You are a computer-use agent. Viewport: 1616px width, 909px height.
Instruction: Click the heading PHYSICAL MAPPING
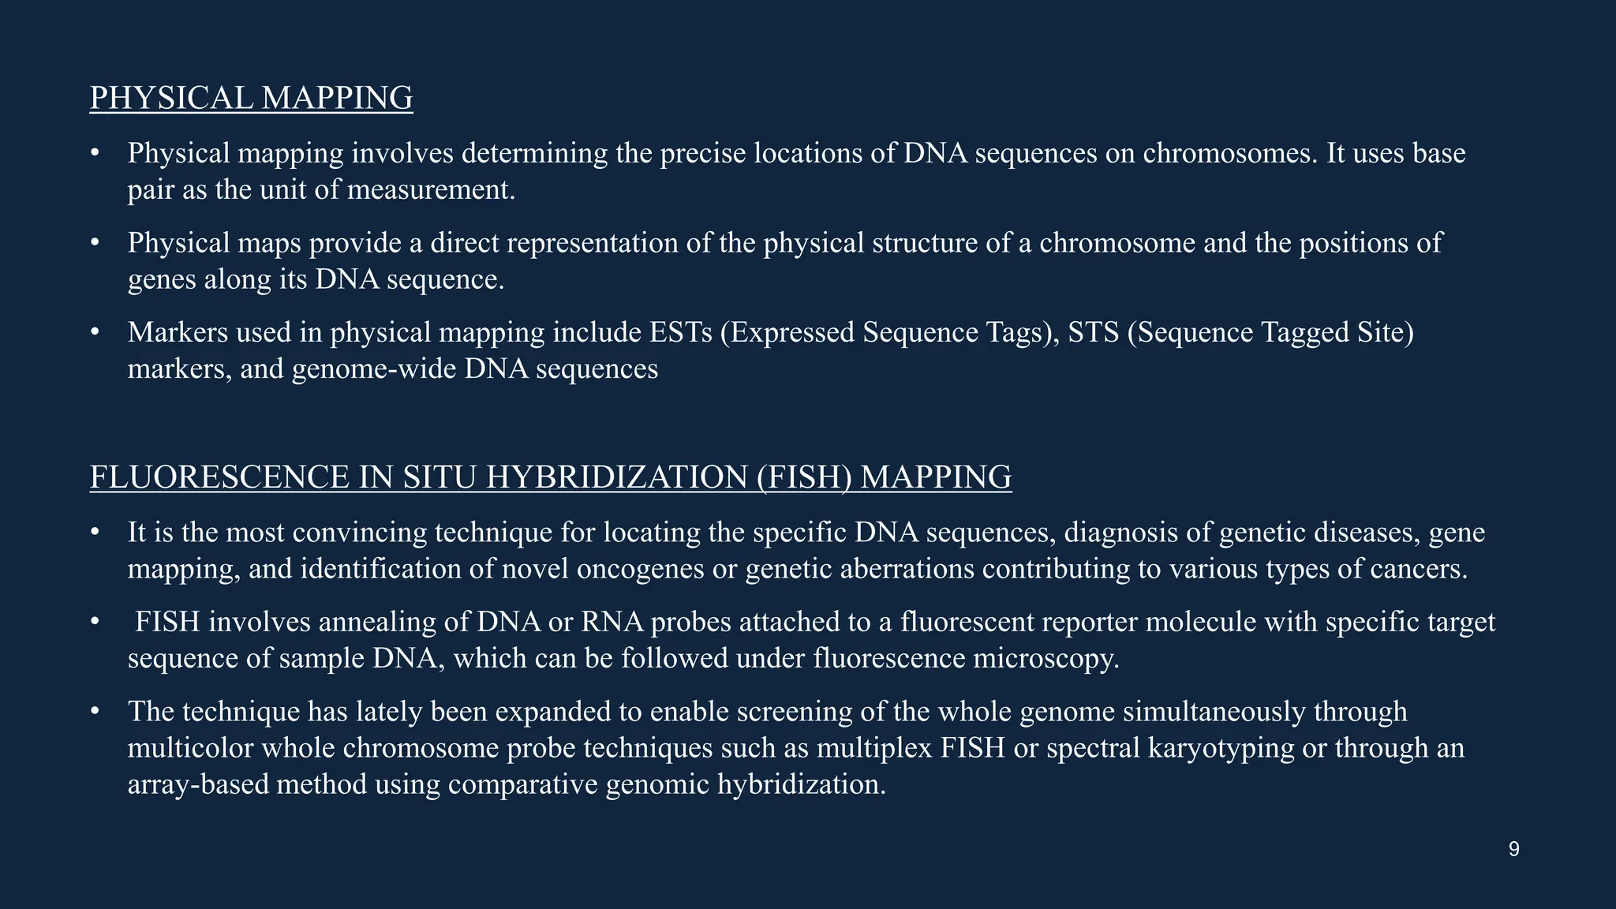[251, 99]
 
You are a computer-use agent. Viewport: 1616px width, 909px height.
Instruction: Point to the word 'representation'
[593, 243]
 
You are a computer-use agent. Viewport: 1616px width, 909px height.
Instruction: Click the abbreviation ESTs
[680, 333]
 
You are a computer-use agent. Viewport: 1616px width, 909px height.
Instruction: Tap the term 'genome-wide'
[374, 369]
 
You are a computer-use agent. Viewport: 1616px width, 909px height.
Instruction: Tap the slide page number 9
[1513, 850]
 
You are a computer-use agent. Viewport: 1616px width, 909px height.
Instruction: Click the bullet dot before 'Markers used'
[95, 332]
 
